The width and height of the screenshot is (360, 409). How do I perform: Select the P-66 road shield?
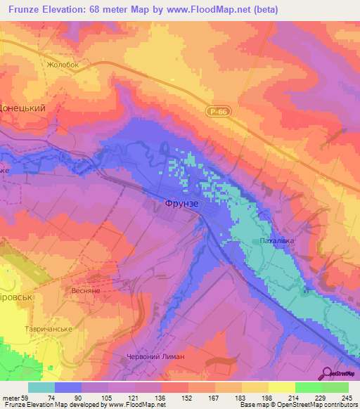pos(216,112)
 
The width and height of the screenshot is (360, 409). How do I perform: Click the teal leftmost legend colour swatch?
pos(41,387)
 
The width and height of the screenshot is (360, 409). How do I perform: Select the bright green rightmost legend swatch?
pos(335,387)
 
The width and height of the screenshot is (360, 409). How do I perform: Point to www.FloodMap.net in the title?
pos(214,9)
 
